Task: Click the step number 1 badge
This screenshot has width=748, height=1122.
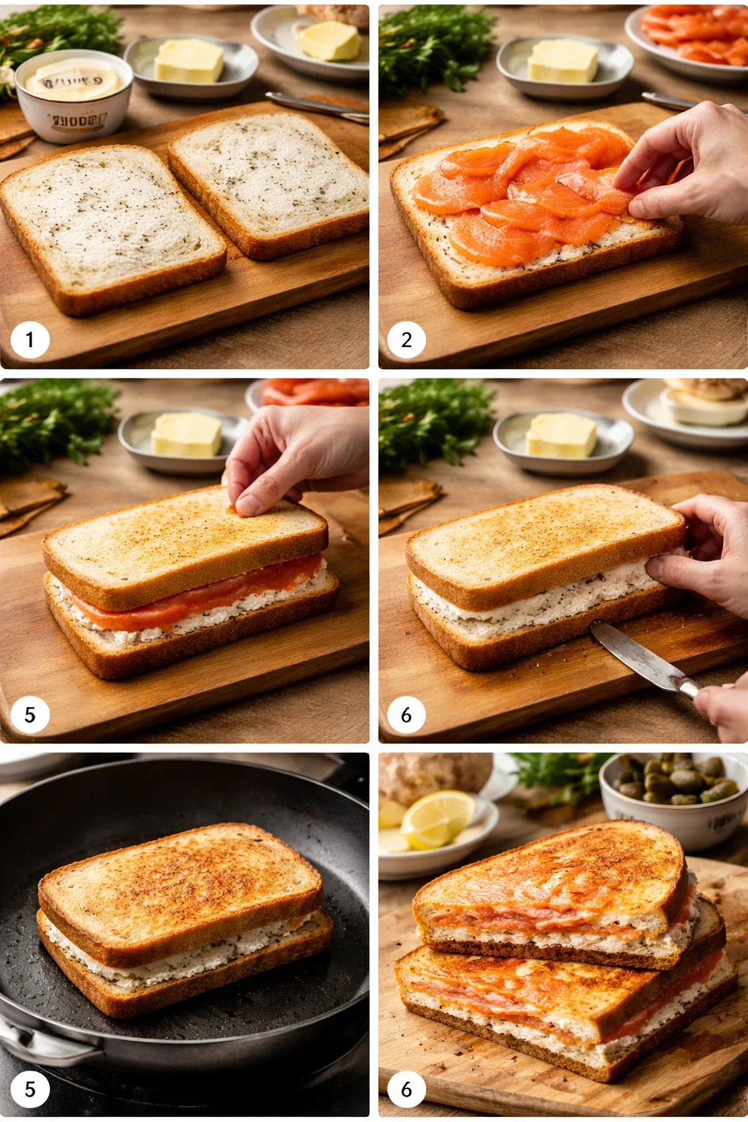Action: (x=30, y=340)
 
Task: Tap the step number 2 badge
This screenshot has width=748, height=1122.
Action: (x=407, y=340)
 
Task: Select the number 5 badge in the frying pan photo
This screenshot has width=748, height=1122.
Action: (x=30, y=1089)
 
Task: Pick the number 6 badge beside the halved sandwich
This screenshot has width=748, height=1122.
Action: (x=407, y=1089)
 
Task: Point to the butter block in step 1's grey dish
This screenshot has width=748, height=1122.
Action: (x=189, y=61)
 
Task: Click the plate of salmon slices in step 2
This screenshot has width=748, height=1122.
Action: (x=690, y=37)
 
